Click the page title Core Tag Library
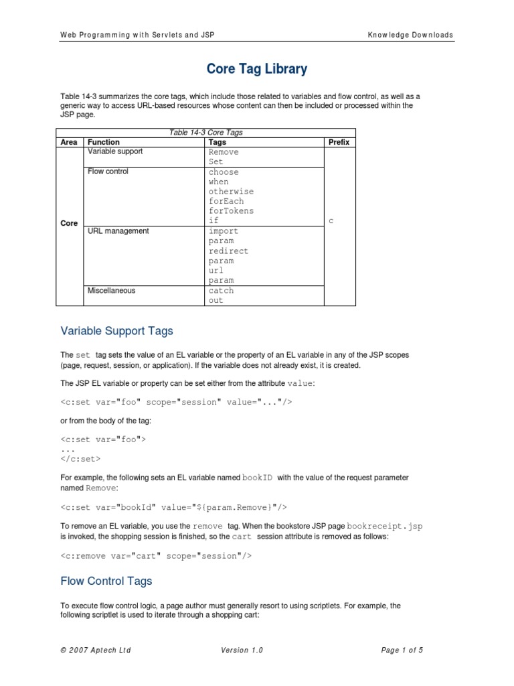tap(257, 68)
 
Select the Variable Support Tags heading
tap(116, 330)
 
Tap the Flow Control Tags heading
tap(106, 581)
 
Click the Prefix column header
tap(339, 142)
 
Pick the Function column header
tap(104, 142)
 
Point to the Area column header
tap(70, 142)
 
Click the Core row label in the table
tap(70, 223)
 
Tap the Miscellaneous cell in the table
tap(111, 291)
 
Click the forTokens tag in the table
tap(231, 211)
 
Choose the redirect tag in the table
tap(228, 251)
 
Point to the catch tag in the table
tap(221, 291)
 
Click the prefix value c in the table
tap(331, 221)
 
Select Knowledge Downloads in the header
tap(410, 35)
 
